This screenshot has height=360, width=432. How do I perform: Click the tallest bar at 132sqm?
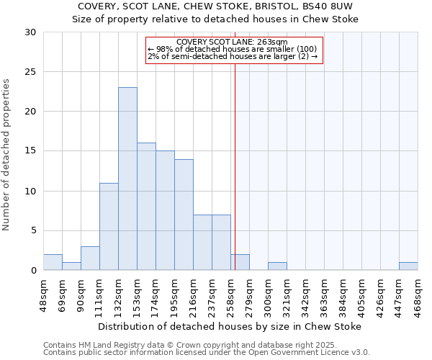coord(127,179)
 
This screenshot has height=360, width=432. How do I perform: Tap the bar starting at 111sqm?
coord(109,226)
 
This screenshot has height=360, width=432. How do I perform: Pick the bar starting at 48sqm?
coord(53,262)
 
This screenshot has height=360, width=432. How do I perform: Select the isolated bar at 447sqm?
coord(408,266)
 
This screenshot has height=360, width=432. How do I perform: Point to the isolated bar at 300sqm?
coord(277,266)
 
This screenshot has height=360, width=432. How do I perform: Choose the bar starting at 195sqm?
coord(184,215)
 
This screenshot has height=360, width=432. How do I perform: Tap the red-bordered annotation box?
coord(234,50)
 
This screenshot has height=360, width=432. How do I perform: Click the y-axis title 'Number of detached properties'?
coord(7,155)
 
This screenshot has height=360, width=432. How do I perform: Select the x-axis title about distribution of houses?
coord(230,326)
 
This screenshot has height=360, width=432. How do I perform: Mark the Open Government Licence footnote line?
coord(207,353)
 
